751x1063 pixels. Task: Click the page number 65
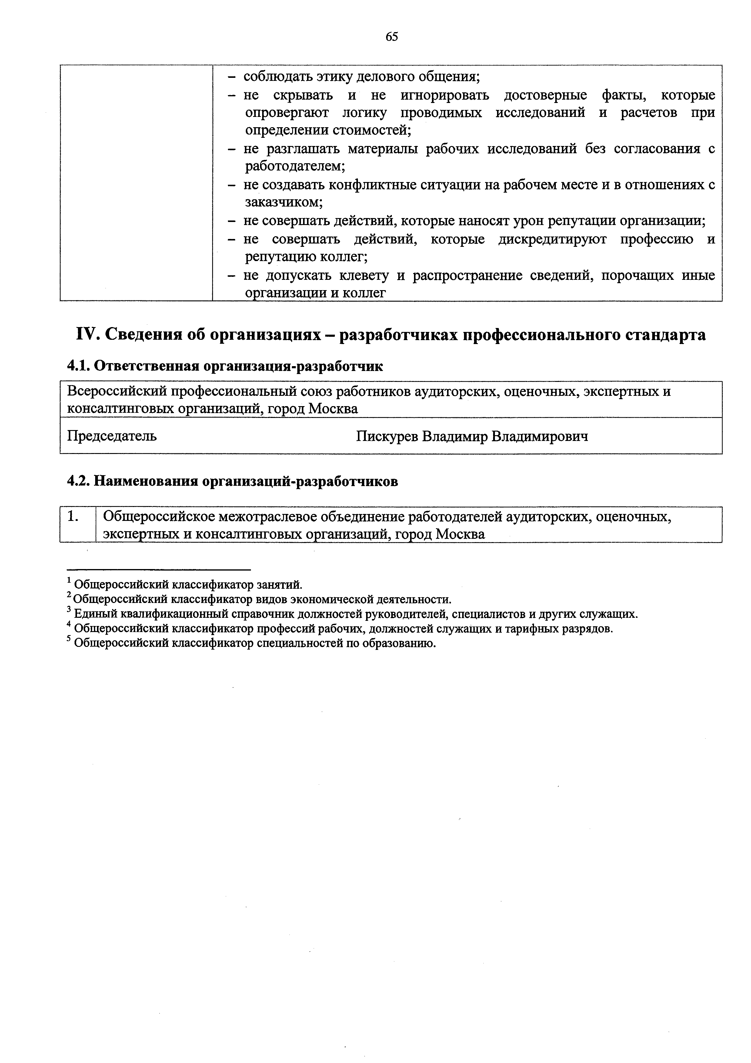coord(392,37)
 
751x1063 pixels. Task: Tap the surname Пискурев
coord(387,436)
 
